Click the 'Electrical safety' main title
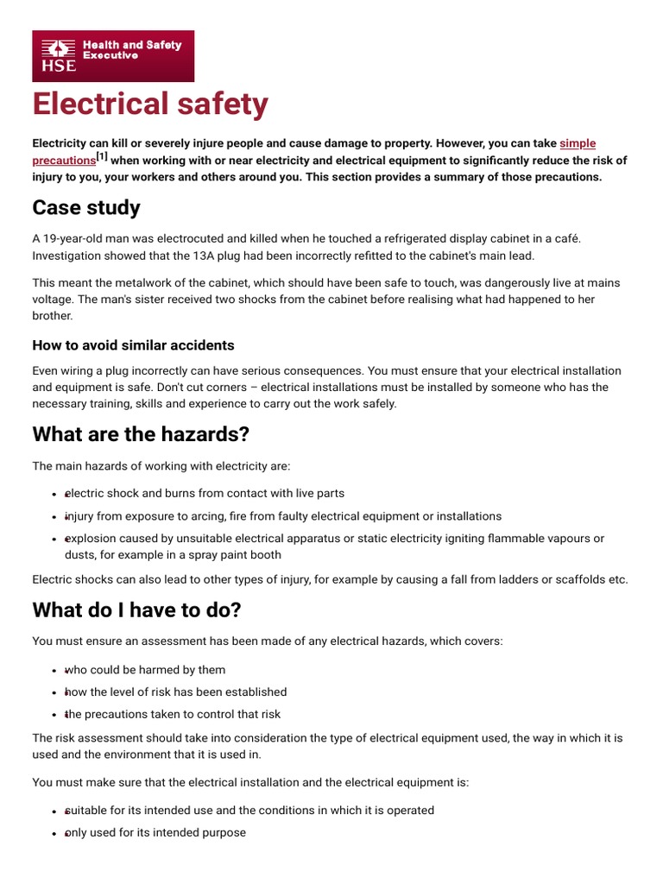(150, 104)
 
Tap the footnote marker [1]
(102, 157)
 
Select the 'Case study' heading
(86, 208)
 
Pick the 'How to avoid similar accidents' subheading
(133, 345)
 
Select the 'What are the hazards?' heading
(140, 433)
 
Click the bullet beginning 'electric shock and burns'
(205, 494)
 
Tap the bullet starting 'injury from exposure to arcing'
(283, 516)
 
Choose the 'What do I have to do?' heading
(136, 610)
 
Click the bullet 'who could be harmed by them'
(145, 670)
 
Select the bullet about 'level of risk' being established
(176, 692)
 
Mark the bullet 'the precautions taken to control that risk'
(173, 715)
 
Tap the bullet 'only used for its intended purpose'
(155, 833)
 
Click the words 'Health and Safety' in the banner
(131, 45)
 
